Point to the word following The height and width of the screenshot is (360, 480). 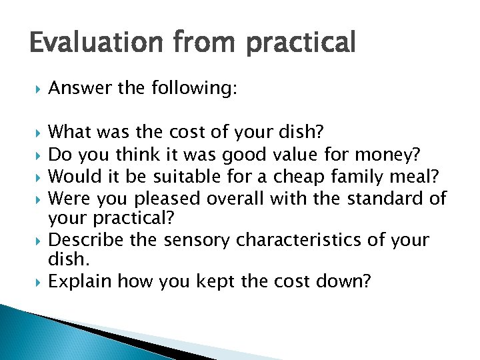(193, 88)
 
